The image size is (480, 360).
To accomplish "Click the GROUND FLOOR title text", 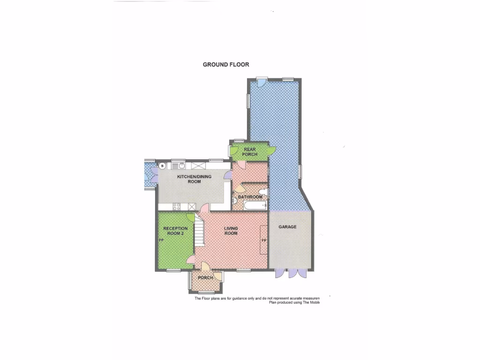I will point(226,65).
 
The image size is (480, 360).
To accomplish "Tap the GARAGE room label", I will point(287,227).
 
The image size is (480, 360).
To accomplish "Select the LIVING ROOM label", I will point(231,231).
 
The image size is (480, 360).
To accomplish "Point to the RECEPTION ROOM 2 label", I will point(175,231).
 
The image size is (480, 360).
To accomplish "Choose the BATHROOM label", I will point(250,197).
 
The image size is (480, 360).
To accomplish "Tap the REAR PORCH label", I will point(249,151).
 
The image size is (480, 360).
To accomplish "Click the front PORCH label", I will point(205,278).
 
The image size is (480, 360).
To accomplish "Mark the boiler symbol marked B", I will point(162,165).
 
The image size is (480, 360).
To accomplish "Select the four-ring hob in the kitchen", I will point(177,207).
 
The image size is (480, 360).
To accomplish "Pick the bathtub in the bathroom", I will point(253,205).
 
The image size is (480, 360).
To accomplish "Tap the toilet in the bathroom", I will point(263,191).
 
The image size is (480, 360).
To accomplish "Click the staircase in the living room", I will point(199,232).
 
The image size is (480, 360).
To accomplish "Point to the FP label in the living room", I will point(264,240).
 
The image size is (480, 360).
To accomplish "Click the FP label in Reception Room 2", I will point(161,240).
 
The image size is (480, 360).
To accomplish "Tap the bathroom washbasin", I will point(234,201).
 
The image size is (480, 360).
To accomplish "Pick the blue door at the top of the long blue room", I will point(261,81).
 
